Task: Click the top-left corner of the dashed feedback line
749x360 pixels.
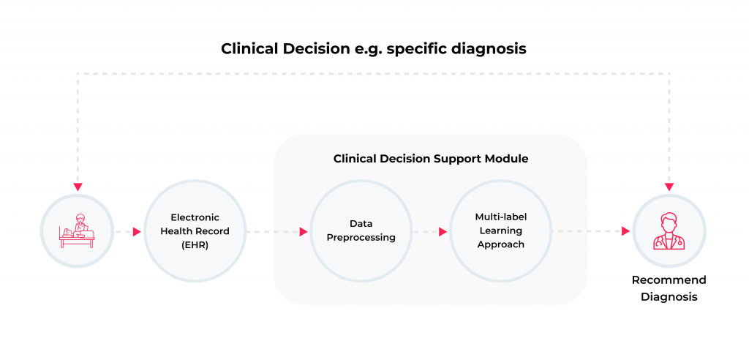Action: [78, 74]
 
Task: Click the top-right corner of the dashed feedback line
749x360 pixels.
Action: [669, 74]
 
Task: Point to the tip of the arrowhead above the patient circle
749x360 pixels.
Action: [78, 191]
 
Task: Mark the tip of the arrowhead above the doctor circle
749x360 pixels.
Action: [669, 191]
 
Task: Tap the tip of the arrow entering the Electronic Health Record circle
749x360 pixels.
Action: [142, 232]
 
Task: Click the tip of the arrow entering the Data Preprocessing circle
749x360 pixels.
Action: [308, 232]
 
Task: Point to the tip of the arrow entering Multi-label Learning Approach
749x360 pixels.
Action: [448, 232]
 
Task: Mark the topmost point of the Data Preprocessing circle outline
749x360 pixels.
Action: [361, 180]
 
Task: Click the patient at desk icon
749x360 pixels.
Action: [77, 231]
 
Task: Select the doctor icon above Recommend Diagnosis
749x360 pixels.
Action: [669, 231]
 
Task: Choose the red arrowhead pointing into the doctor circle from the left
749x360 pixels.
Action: [626, 232]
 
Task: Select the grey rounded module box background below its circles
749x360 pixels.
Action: [430, 294]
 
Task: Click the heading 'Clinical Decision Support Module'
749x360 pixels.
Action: [431, 159]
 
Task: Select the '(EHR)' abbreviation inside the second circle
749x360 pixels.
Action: [195, 246]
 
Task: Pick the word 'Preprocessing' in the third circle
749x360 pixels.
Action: [361, 238]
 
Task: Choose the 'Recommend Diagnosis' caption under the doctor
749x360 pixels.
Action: [669, 288]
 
